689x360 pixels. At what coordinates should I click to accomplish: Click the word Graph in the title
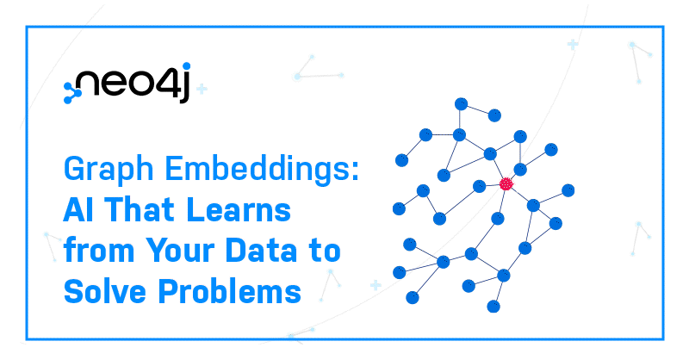point(109,170)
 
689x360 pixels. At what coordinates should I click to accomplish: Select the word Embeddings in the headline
point(258,169)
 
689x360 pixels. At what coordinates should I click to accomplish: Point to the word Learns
point(239,209)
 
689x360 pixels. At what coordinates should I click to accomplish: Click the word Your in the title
point(181,250)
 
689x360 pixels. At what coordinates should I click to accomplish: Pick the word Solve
point(104,291)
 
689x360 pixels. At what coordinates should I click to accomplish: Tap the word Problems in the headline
point(229,291)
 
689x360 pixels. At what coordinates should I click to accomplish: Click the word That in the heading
point(140,209)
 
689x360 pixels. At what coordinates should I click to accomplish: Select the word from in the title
point(99,250)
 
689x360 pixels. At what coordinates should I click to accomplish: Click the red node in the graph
point(506,183)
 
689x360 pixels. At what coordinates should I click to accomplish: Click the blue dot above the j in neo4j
point(186,66)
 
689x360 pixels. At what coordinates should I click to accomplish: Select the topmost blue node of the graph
point(461,104)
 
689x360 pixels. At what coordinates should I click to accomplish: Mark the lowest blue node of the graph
point(493,307)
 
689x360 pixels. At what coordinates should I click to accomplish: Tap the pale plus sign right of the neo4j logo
point(202,90)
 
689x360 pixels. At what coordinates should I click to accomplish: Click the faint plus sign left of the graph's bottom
point(376,286)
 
